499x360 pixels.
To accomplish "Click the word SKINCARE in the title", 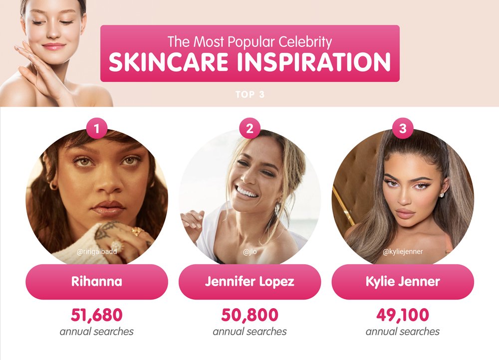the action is coord(168,62).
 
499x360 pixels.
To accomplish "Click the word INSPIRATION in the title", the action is coord(314,62).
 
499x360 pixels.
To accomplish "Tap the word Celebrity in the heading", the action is coord(305,42).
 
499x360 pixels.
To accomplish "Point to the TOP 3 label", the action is coord(250,94).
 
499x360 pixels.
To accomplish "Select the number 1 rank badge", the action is coord(97,129).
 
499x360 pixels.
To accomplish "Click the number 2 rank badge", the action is coord(250,129).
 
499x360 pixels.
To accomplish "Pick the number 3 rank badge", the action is coord(403,129).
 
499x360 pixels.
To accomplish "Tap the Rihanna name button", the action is coord(97,281).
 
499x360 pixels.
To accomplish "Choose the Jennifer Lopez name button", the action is coord(250,281).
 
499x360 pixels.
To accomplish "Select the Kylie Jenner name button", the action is coord(403,281).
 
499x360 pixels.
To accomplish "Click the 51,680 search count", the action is coord(97,315).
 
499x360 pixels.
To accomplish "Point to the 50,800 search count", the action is coord(250,315).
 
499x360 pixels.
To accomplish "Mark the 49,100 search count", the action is coord(403,315).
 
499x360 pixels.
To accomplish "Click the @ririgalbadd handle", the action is coord(97,252).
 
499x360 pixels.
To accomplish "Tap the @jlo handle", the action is coord(250,252).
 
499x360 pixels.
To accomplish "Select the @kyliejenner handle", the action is coord(403,252).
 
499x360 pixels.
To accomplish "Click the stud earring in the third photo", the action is coord(442,194).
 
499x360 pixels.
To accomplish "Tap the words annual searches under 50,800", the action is coord(250,332).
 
